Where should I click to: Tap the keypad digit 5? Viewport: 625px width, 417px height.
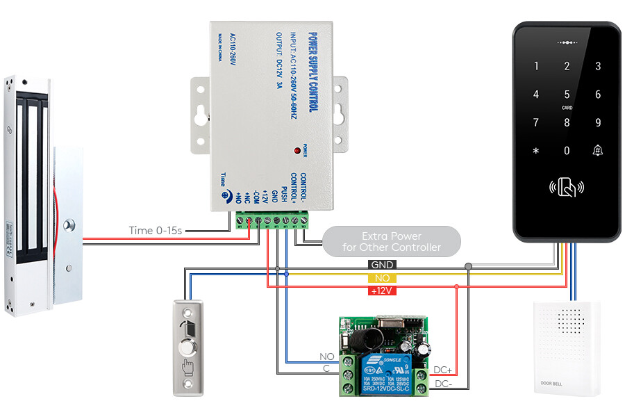[x=567, y=95]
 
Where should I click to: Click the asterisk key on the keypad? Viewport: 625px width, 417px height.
[x=535, y=151]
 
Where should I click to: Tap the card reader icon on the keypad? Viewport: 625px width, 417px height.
[x=567, y=187]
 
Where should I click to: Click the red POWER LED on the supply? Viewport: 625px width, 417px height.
[x=297, y=149]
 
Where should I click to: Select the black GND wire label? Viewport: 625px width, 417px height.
[x=383, y=265]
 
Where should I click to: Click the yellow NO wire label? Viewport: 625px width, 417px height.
[x=383, y=277]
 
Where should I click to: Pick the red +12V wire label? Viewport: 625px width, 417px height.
[x=383, y=290]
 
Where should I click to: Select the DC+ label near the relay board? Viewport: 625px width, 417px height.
[x=443, y=370]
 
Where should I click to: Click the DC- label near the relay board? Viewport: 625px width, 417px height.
[x=443, y=384]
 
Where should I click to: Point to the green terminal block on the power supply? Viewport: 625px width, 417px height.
[x=272, y=221]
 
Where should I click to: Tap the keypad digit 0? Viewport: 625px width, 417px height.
[x=567, y=151]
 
